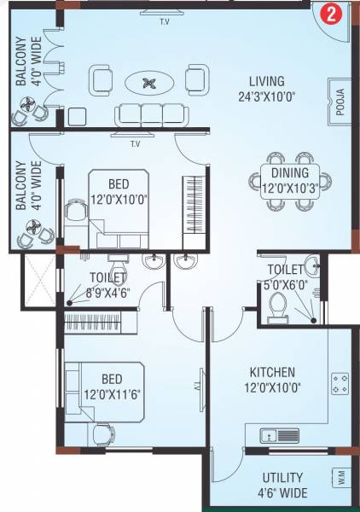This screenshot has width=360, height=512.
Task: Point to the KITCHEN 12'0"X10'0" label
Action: coord(272,379)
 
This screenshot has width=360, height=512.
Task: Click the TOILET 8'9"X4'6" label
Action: coord(107,284)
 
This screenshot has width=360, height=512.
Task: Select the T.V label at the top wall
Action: coord(164,20)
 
